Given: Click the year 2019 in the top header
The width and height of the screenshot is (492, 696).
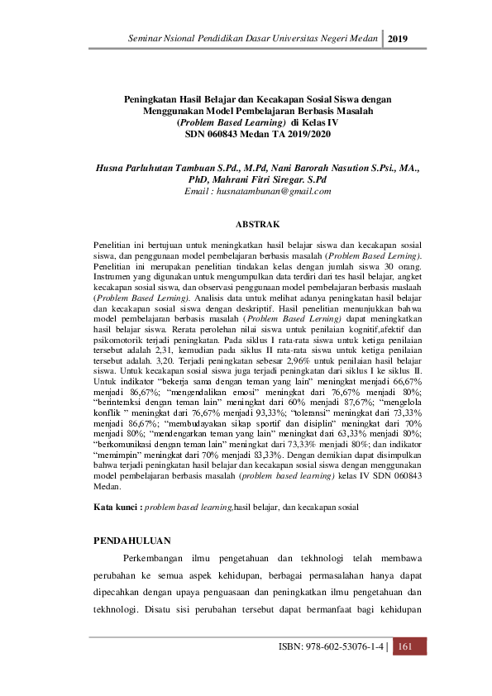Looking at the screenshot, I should click(x=399, y=39).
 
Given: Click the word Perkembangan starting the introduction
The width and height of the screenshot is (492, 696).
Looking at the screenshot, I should click(x=164, y=560).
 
